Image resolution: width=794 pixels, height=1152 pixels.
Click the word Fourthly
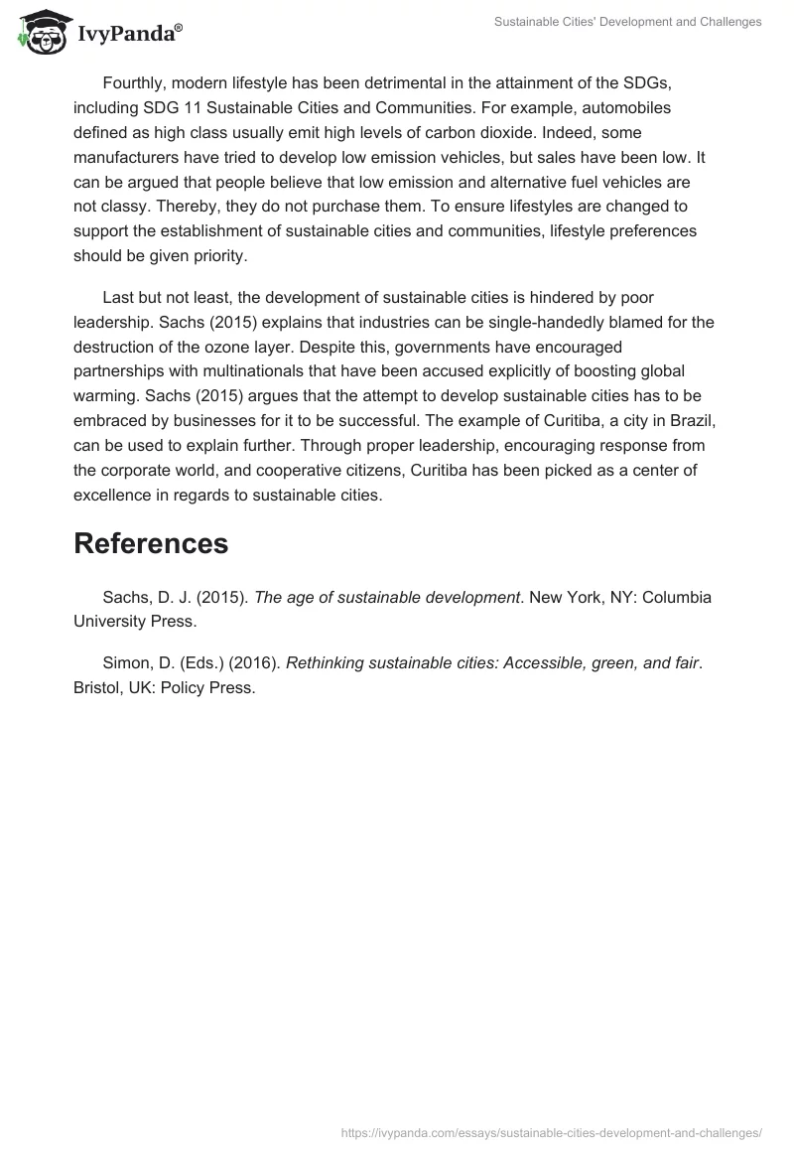(135, 81)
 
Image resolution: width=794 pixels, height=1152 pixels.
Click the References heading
(151, 543)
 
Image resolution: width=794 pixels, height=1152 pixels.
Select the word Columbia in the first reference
(675, 598)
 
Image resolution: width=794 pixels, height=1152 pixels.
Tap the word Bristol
(97, 688)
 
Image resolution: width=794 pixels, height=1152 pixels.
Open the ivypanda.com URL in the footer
(551, 1132)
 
